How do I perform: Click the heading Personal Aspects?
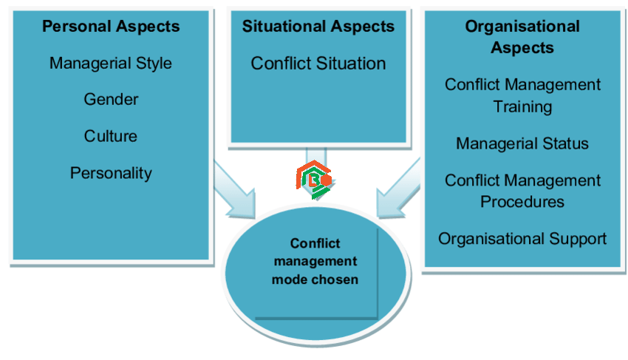pyautogui.click(x=111, y=27)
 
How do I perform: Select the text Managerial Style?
pyautogui.click(x=111, y=64)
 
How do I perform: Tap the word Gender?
pyautogui.click(x=111, y=99)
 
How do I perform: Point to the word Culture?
pyautogui.click(x=111, y=136)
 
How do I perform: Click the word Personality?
pyautogui.click(x=111, y=173)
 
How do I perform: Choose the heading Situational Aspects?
pyautogui.click(x=318, y=27)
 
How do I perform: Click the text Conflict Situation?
pyautogui.click(x=318, y=64)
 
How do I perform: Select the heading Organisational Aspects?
pyautogui.click(x=522, y=37)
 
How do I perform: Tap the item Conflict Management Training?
pyautogui.click(x=522, y=95)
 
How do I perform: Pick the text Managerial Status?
pyautogui.click(x=522, y=143)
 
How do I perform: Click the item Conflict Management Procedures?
pyautogui.click(x=522, y=191)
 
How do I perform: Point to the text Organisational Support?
pyautogui.click(x=522, y=239)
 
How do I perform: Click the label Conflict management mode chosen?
pyautogui.click(x=315, y=262)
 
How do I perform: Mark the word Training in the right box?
pyautogui.click(x=522, y=106)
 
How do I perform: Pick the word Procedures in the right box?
pyautogui.click(x=522, y=202)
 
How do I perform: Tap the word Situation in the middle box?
pyautogui.click(x=351, y=64)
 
